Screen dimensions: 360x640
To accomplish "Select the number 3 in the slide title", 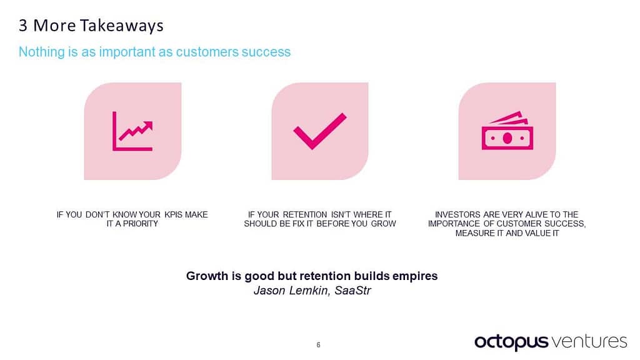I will coord(23,26).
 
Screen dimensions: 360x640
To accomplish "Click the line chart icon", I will coord(132,131).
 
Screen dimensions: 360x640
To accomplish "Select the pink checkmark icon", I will coord(319,131).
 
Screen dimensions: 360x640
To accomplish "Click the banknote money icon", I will coord(507,131).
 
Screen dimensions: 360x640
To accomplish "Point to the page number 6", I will coord(319,345).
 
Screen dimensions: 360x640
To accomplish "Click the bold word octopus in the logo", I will coord(511,342).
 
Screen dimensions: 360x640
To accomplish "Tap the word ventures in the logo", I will coord(589,341).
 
